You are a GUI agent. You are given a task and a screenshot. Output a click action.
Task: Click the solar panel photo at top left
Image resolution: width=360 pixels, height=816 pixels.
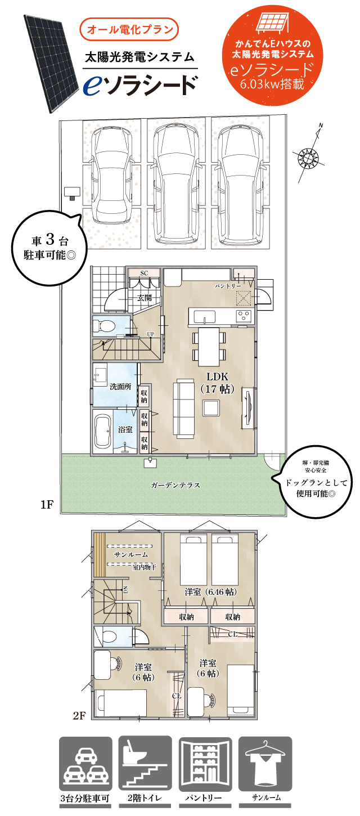pyautogui.click(x=47, y=62)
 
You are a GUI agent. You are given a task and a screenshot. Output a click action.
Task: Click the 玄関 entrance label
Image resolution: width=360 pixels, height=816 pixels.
pyautogui.click(x=145, y=298)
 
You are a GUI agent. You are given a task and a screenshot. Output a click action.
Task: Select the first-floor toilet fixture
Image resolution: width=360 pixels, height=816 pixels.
pyautogui.click(x=105, y=326)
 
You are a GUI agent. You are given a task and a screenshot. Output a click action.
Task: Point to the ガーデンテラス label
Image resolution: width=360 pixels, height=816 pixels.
pyautogui.click(x=175, y=485)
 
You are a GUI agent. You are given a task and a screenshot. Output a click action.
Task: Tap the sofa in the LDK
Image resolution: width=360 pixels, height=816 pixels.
pyautogui.click(x=183, y=408)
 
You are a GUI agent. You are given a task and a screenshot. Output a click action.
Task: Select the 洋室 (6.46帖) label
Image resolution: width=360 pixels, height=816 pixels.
pyautogui.click(x=210, y=592)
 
